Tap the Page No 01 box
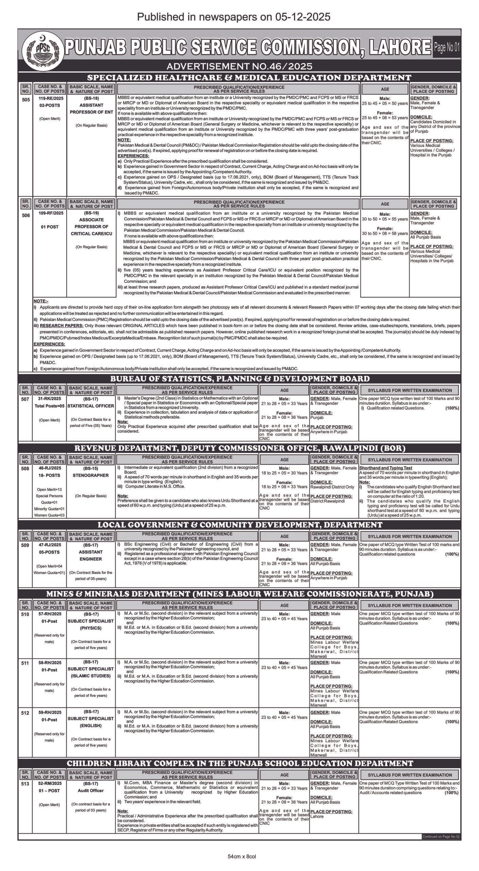coord(447,48)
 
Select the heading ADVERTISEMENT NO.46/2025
coord(239,66)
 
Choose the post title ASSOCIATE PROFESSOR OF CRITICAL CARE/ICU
coord(91,227)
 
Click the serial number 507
coord(25,399)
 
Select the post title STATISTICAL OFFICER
coord(91,406)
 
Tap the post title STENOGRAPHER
coord(91,475)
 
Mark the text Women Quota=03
coord(49,515)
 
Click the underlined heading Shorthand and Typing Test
coord(385,468)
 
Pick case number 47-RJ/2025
coord(49,545)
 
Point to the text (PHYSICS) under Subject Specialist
coord(91,628)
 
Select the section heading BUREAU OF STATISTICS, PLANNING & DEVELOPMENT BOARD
coord(239,379)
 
